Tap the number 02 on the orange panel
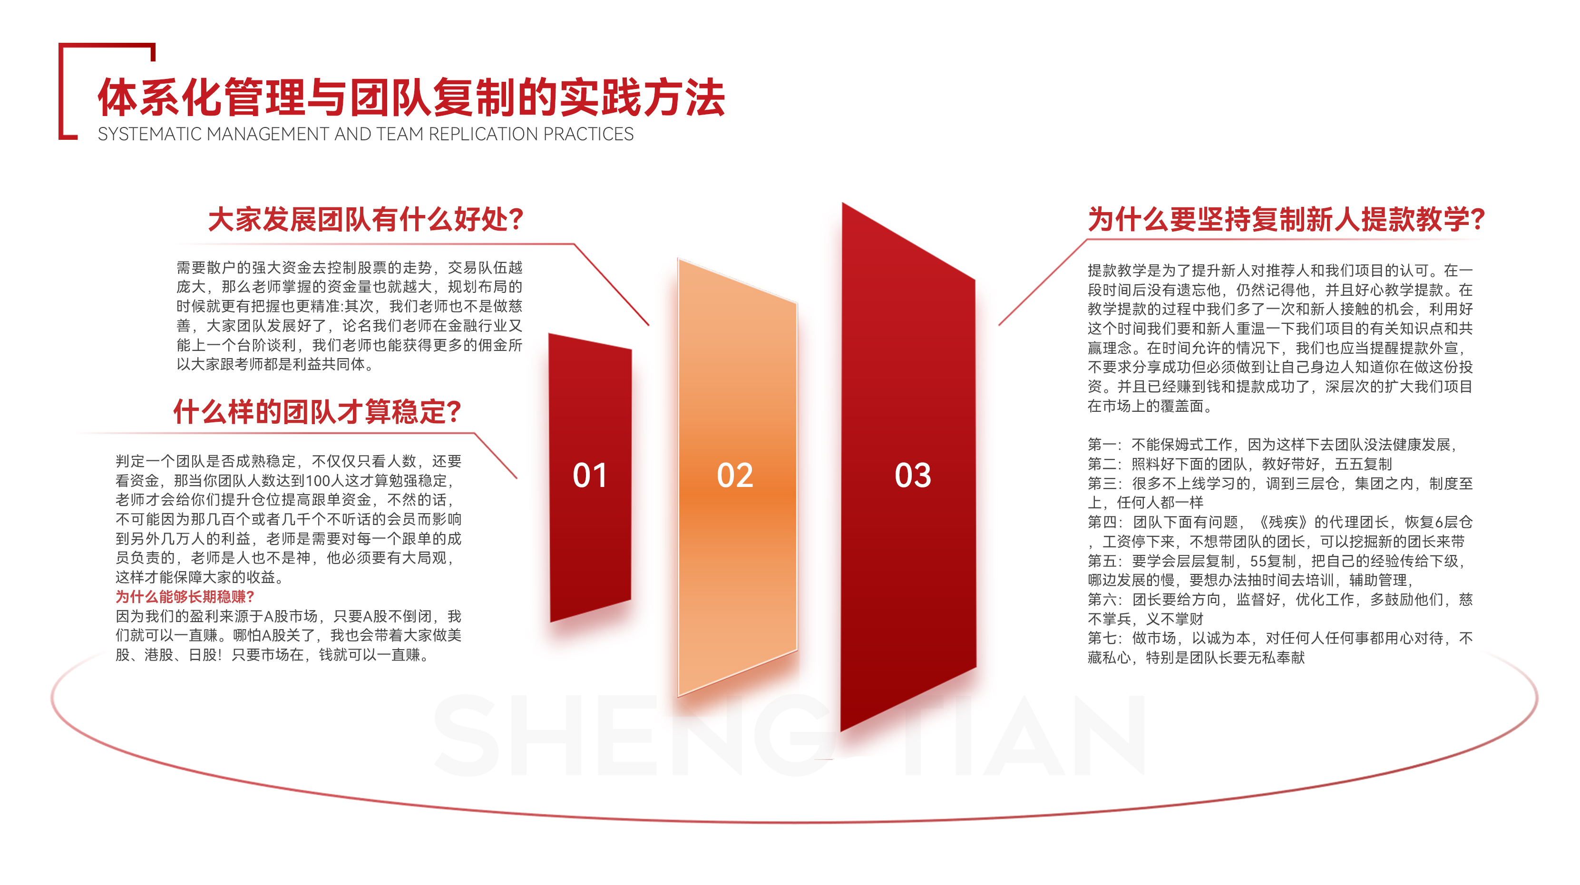coord(735,475)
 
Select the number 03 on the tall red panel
coord(913,475)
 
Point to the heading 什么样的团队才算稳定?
coord(317,411)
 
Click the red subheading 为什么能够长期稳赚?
coord(185,597)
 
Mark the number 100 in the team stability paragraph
coord(318,481)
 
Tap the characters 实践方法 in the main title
coord(642,97)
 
